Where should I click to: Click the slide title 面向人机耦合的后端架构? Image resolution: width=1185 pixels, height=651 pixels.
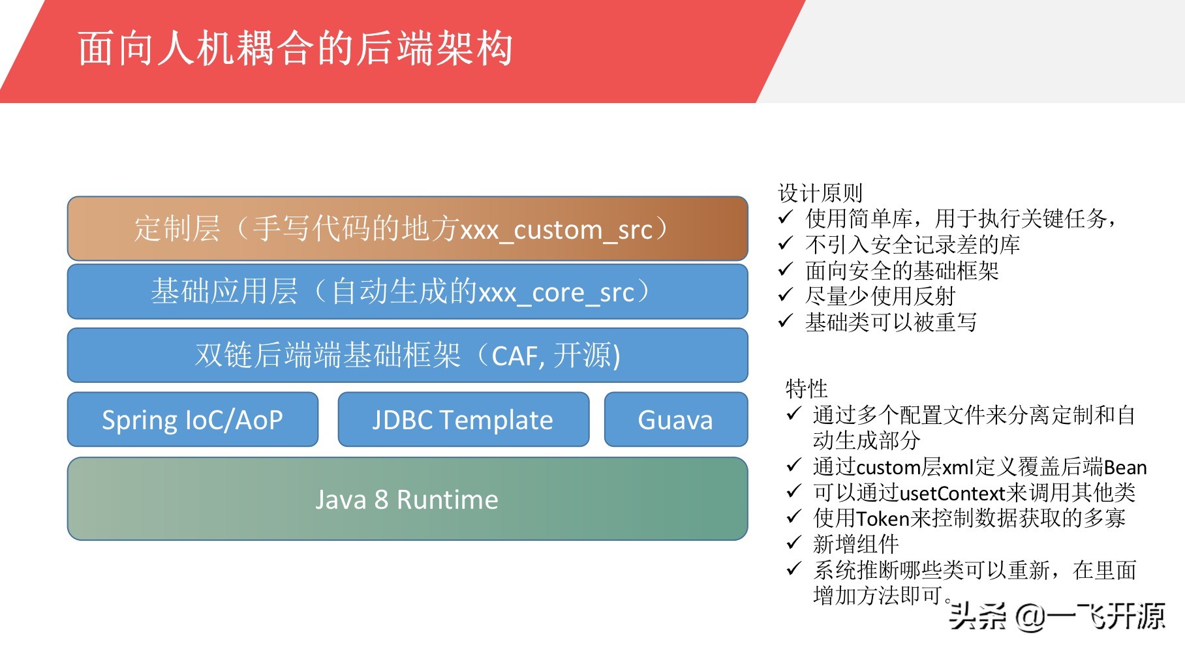296,49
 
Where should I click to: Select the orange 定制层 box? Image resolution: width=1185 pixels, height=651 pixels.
408,228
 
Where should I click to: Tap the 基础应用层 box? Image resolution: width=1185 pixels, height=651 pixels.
408,292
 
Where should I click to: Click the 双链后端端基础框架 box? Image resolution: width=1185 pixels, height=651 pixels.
408,356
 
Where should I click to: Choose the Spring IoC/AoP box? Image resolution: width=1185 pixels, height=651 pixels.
192,419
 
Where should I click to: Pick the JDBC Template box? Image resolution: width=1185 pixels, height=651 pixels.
463,419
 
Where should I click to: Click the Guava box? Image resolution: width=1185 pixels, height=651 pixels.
676,419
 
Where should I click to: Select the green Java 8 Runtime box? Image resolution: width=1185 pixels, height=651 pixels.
408,499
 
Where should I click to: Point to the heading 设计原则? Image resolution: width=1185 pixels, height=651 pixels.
820,193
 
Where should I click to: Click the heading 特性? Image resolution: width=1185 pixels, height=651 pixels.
807,389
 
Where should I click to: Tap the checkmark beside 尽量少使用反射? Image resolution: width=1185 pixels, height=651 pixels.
786,295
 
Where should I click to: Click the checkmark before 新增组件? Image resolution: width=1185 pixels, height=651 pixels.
793,543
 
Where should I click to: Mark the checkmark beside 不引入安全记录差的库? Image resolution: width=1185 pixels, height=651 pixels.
786,244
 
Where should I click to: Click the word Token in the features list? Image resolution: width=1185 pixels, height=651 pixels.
883,519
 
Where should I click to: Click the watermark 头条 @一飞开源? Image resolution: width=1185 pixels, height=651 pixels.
1057,616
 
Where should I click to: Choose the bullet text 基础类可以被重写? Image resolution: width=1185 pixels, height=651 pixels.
891,322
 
